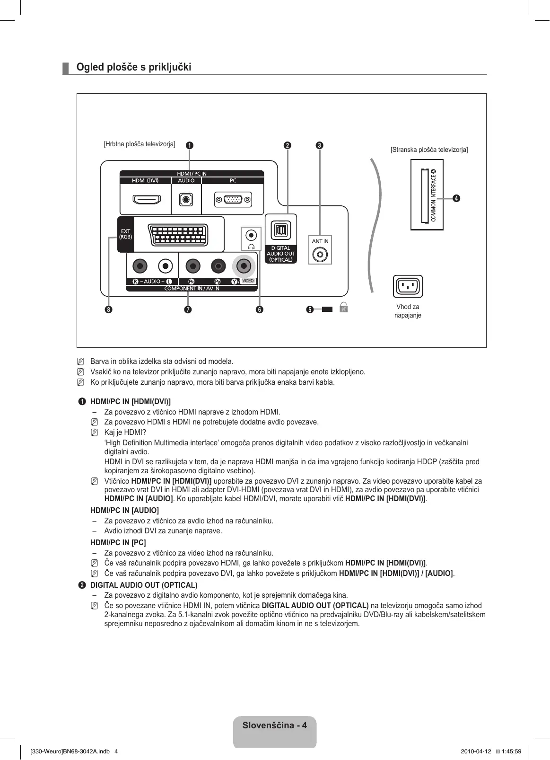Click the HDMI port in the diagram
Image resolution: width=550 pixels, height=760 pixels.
click(146, 199)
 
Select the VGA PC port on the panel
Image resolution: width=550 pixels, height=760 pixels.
click(233, 200)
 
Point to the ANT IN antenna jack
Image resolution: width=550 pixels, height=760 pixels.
click(320, 255)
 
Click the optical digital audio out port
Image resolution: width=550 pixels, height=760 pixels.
click(280, 230)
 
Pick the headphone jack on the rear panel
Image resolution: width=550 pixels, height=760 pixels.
click(252, 235)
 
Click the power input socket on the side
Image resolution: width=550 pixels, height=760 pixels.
click(408, 286)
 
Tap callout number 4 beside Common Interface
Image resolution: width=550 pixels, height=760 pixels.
click(456, 198)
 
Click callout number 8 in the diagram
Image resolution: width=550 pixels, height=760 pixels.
click(109, 309)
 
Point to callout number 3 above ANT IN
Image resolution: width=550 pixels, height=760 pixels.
click(320, 145)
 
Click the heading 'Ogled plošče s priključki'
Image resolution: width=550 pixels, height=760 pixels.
click(134, 67)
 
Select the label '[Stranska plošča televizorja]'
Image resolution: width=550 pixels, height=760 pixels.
click(429, 150)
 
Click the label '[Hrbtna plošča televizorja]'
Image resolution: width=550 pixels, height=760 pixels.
click(140, 144)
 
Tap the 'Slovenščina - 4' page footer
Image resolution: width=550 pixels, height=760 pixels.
click(275, 725)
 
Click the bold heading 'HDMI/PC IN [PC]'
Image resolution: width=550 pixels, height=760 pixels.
click(118, 542)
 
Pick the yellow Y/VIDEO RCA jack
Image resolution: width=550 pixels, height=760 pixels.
click(244, 266)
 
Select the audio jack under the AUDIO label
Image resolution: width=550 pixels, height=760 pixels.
click(186, 200)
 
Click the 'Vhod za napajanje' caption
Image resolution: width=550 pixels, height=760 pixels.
click(408, 311)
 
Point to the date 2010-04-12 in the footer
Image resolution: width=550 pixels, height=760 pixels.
click(476, 751)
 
